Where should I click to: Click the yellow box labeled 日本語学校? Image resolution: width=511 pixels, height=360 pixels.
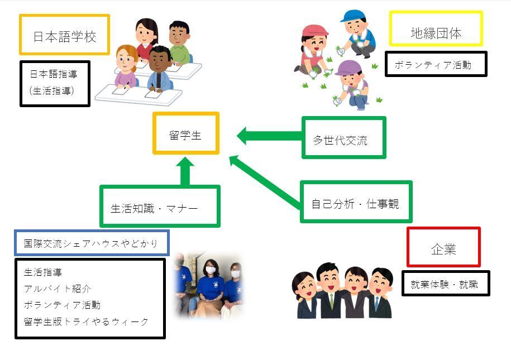click(x=64, y=35)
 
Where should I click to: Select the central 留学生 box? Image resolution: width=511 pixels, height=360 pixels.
click(x=185, y=133)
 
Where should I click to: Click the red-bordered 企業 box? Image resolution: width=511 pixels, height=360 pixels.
click(x=443, y=247)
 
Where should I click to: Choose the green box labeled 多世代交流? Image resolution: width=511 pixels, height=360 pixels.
click(x=343, y=138)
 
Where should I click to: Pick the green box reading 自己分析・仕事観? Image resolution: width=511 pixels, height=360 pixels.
click(x=356, y=202)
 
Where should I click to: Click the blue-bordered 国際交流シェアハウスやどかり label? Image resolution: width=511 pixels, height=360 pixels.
click(x=92, y=243)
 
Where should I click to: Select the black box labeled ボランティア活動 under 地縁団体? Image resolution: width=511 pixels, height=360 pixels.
click(x=436, y=64)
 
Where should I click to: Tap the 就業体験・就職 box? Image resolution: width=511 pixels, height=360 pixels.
click(x=445, y=284)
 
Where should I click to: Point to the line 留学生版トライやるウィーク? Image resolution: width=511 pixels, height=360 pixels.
click(x=87, y=321)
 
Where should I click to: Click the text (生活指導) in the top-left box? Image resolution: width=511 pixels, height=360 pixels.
click(x=52, y=89)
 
